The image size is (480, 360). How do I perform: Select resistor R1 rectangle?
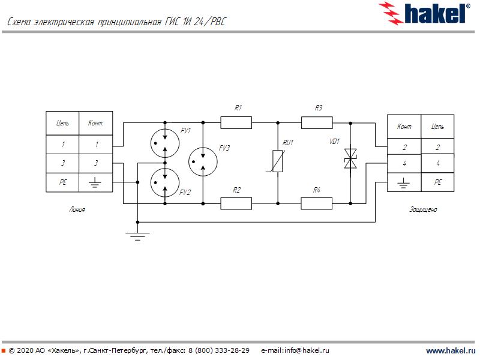click(x=236, y=123)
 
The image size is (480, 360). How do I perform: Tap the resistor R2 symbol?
click(x=236, y=204)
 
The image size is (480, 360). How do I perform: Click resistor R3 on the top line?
click(x=317, y=123)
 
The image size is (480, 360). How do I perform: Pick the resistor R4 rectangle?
click(x=317, y=204)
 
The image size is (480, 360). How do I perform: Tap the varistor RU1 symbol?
click(x=278, y=162)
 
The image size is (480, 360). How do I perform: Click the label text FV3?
click(x=224, y=148)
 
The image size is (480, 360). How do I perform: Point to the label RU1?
click(x=289, y=143)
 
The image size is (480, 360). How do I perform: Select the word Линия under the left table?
click(x=77, y=210)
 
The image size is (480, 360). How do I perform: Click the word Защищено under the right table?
click(x=423, y=210)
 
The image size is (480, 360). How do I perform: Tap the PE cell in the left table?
click(x=63, y=182)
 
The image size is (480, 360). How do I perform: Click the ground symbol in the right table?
click(x=404, y=181)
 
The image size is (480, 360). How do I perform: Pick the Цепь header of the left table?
click(x=63, y=124)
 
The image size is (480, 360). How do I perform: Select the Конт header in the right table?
click(x=404, y=127)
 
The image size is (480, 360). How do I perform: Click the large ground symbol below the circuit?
click(x=137, y=235)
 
